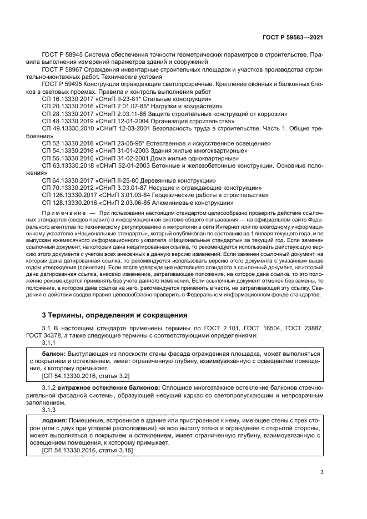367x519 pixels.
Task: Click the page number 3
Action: coord(322,472)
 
